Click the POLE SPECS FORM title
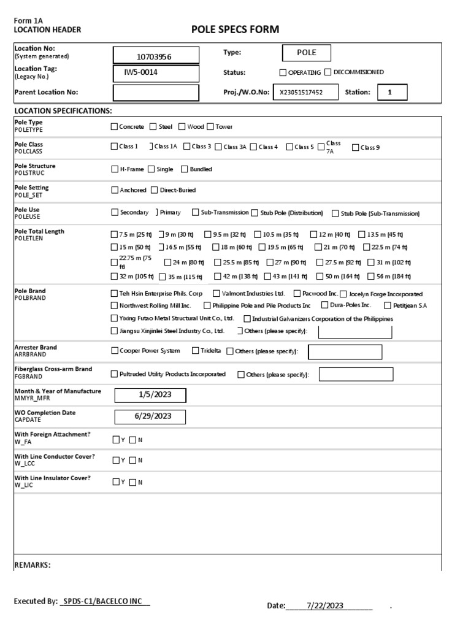coord(235,29)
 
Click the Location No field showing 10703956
coord(156,56)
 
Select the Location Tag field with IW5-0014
coord(156,74)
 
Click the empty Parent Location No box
coord(156,93)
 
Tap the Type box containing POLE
coord(306,53)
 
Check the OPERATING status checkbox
coord(283,72)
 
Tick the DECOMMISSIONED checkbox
coord(327,72)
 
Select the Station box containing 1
coord(389,93)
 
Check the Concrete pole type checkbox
coord(114,127)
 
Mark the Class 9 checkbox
coord(356,147)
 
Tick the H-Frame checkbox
coord(114,169)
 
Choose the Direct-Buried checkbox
coord(155,190)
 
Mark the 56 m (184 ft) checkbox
coord(372,277)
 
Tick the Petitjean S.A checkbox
coord(388,305)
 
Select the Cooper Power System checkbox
coord(114,351)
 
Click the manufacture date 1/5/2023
coord(150,395)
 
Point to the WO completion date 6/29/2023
coord(150,416)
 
